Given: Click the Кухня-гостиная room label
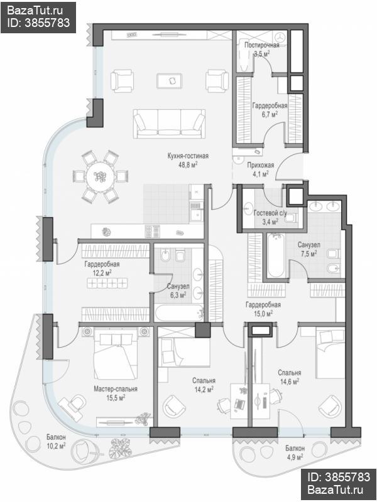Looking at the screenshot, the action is coord(188,156).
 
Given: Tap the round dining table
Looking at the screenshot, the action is coord(100,176).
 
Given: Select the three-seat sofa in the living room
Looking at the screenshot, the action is coord(169,124).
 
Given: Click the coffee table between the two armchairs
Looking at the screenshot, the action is coord(169,81).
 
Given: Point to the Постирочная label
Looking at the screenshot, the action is coord(262,45).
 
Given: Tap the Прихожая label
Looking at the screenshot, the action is coord(260,165).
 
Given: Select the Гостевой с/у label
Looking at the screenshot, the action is coord(270,213).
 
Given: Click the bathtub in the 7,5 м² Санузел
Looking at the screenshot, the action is coord(276,255).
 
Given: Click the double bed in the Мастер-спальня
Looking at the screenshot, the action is coord(114,353).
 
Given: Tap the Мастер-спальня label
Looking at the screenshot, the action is coord(116,389).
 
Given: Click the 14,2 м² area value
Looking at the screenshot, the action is coord(204,389).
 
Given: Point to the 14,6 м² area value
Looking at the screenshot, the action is coord(290,382).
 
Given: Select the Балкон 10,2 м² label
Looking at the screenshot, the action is coord(56,441).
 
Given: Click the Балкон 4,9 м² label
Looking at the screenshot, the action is coord(295,452).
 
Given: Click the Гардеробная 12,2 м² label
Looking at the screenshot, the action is coord(102,269).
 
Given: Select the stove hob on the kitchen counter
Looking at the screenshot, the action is coord(152,231).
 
